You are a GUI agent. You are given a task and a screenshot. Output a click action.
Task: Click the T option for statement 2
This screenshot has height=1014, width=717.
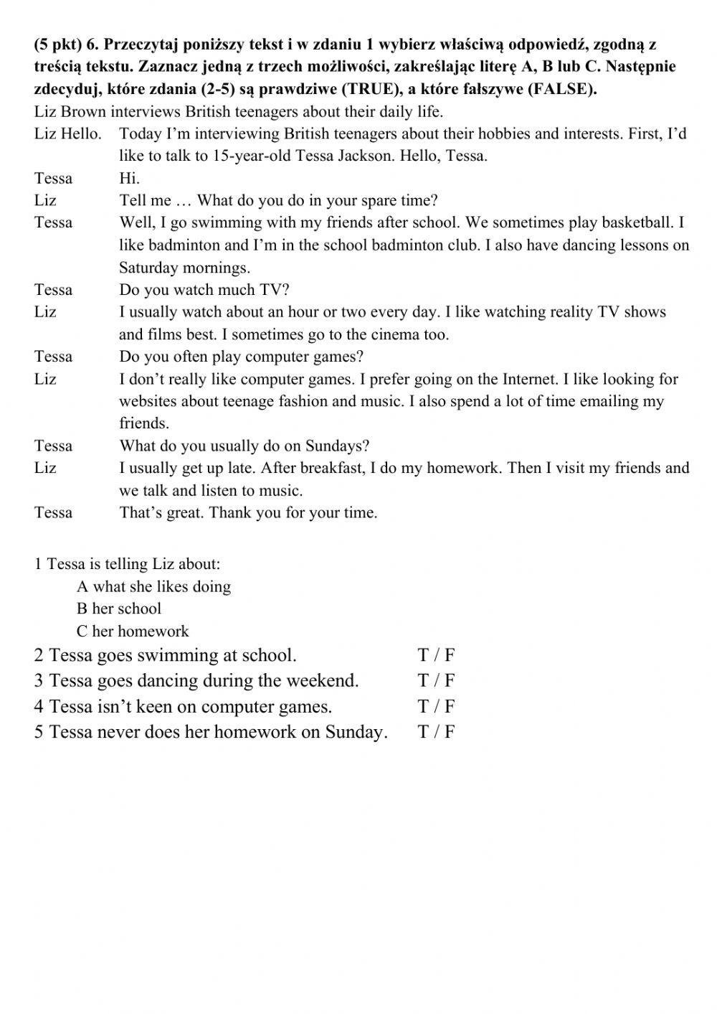423,655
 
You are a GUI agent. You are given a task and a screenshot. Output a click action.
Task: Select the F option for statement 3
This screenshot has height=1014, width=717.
450,680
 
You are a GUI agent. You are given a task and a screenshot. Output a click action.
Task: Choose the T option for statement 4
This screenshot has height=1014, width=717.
423,706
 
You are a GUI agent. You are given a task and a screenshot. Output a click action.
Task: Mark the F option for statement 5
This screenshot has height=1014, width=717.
450,732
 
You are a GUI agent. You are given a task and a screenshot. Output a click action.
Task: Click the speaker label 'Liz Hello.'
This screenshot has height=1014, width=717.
67,133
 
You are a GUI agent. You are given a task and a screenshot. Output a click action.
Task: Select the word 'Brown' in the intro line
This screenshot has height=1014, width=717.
85,111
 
